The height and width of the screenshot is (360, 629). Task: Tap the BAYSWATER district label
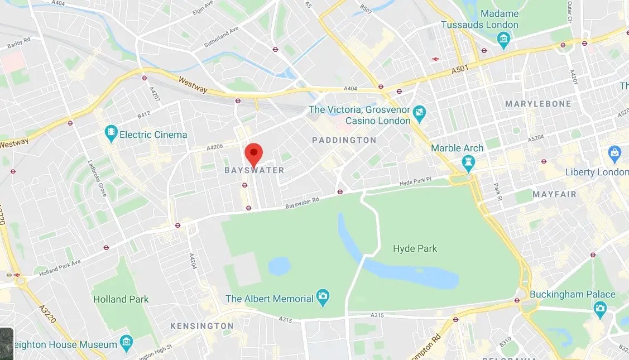click(254, 170)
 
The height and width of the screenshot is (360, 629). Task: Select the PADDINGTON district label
click(344, 140)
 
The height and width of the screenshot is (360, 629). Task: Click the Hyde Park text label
click(415, 248)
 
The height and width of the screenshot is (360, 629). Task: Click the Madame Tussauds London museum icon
click(504, 39)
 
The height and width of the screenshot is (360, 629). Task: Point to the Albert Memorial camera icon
click(323, 298)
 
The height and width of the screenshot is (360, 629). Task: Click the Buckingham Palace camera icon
click(600, 308)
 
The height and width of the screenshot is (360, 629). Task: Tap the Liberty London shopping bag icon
click(614, 152)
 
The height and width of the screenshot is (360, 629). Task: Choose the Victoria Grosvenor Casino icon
click(420, 116)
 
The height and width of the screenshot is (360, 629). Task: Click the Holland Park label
click(121, 299)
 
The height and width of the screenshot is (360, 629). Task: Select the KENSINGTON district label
click(201, 325)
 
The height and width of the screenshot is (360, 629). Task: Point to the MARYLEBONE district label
click(538, 104)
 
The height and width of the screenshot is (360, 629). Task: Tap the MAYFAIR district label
click(554, 194)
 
